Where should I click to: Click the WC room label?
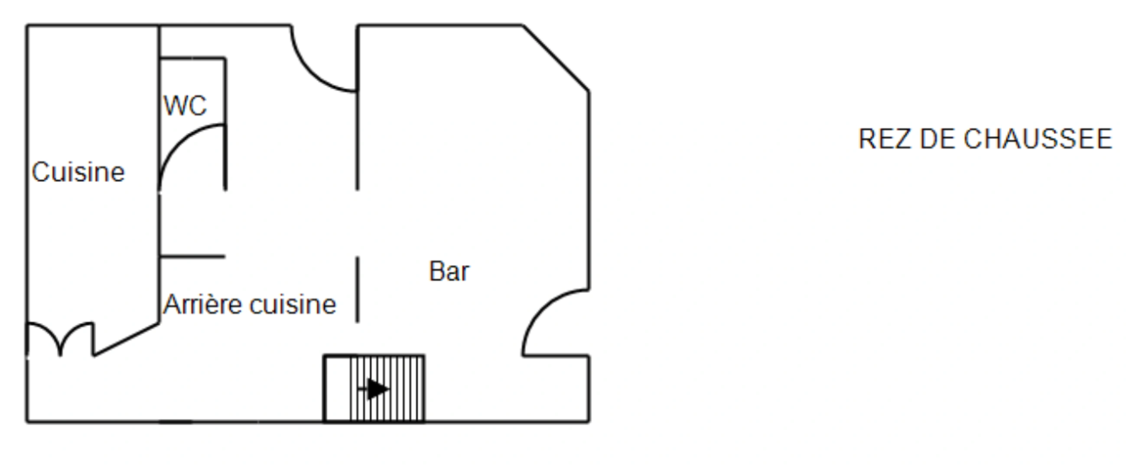(185, 106)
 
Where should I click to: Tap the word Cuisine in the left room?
(78, 172)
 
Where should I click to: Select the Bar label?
(449, 271)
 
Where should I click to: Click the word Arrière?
(202, 304)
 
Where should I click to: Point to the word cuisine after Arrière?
(293, 304)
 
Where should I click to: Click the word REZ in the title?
(885, 140)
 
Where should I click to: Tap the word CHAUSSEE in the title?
(1038, 140)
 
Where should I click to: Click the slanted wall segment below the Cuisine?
(126, 340)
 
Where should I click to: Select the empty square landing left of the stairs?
(337, 389)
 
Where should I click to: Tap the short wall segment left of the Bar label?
(358, 289)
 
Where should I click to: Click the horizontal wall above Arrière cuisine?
(192, 257)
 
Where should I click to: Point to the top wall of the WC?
(192, 58)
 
